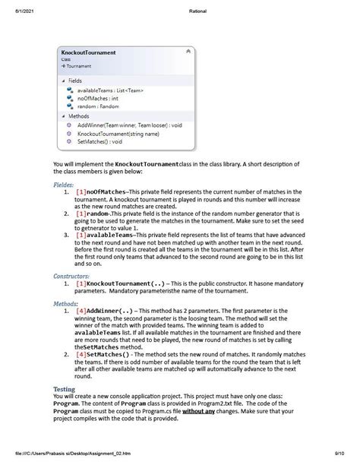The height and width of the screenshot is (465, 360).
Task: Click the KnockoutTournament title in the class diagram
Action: click(x=88, y=52)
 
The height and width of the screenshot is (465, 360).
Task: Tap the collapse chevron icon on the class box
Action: click(x=188, y=51)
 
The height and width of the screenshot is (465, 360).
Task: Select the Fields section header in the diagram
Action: click(x=74, y=80)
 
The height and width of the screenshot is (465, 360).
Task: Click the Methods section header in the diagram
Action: click(x=78, y=115)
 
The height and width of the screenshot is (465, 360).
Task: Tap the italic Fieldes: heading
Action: click(x=63, y=184)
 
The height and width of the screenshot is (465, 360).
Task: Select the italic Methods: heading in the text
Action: click(x=65, y=302)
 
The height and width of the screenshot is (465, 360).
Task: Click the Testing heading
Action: click(x=64, y=388)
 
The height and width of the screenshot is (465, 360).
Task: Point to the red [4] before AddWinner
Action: click(x=81, y=311)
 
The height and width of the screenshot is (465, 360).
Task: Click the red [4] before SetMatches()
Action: click(x=81, y=353)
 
